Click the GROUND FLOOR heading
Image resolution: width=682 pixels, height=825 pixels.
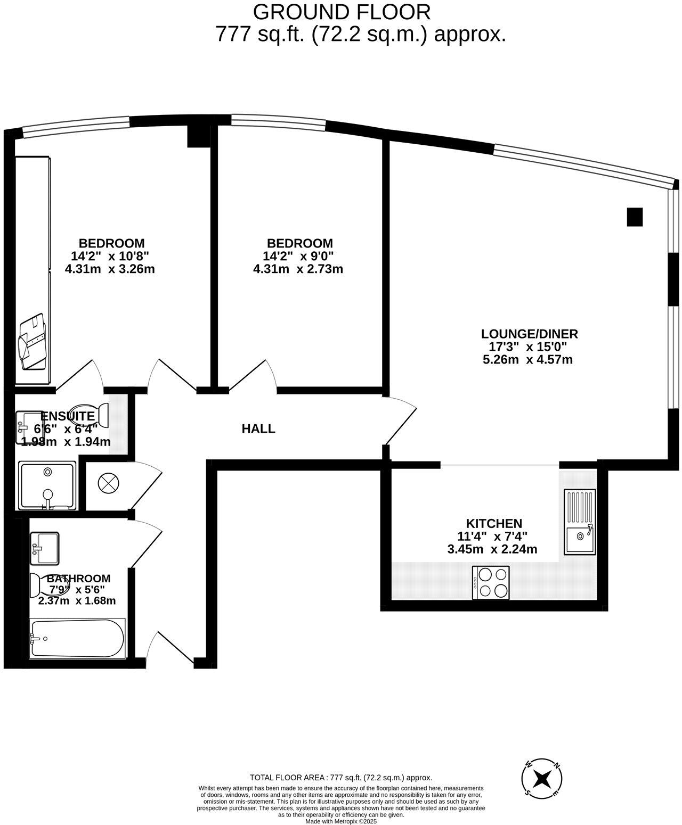click(x=342, y=12)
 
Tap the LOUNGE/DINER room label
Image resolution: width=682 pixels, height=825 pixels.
click(x=529, y=334)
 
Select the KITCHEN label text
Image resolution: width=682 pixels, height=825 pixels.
click(x=494, y=523)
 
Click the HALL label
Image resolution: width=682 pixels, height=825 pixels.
click(x=258, y=428)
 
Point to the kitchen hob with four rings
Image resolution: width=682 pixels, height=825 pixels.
click(x=491, y=583)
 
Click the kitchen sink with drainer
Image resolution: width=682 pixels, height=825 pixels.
click(x=580, y=522)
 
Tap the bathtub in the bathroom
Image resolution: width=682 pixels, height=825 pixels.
click(x=78, y=638)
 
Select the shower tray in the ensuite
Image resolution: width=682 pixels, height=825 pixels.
click(x=47, y=485)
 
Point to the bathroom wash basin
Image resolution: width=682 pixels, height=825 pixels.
click(x=45, y=548)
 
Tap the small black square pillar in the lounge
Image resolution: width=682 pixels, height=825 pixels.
click(x=635, y=217)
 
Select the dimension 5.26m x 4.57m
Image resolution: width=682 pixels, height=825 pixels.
click(x=527, y=359)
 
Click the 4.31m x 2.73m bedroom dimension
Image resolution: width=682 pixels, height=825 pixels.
click(x=298, y=269)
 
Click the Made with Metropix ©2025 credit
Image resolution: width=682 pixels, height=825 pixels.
click(x=341, y=821)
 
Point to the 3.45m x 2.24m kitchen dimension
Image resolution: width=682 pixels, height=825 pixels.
click(x=492, y=549)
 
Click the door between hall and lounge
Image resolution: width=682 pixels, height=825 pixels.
click(x=401, y=420)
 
